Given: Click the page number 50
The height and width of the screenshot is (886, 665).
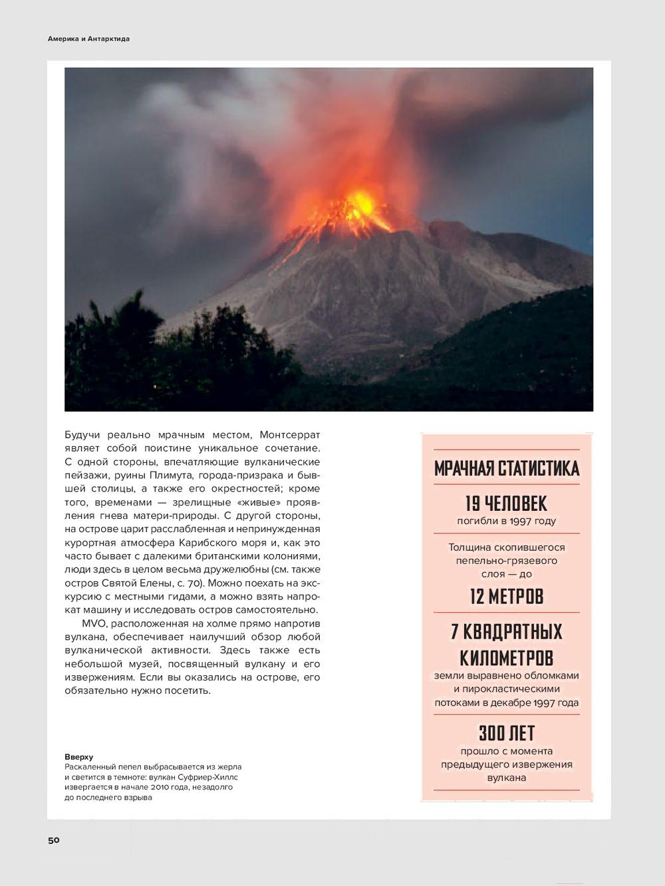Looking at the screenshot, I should click(54, 840).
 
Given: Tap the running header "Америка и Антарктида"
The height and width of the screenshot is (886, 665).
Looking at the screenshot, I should click(88, 39).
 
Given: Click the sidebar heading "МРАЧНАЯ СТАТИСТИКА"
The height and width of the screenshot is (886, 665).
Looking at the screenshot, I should click(506, 468).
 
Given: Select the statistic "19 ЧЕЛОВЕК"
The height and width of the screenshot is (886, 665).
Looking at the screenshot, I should click(506, 503).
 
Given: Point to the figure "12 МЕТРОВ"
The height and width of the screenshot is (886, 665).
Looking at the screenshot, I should click(506, 596).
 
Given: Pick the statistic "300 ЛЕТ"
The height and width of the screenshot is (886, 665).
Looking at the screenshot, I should click(506, 733).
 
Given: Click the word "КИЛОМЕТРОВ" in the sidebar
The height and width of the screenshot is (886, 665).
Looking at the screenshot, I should click(506, 658).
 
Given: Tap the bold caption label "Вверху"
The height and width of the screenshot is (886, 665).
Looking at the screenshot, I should click(78, 757).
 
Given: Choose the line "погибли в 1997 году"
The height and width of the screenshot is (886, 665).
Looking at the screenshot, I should click(506, 521).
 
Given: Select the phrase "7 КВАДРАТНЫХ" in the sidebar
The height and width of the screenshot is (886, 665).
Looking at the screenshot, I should click(506, 631).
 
